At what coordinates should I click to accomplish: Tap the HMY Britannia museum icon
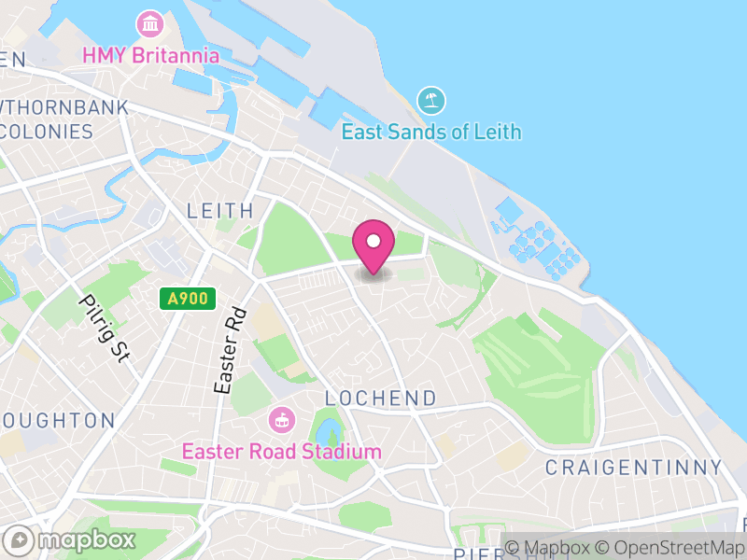pyautogui.click(x=148, y=22)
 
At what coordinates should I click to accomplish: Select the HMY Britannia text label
pyautogui.click(x=150, y=55)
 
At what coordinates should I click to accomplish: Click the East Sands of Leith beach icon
pyautogui.click(x=430, y=100)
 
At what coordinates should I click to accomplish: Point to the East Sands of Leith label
pyautogui.click(x=430, y=132)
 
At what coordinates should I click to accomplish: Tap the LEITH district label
pyautogui.click(x=220, y=211)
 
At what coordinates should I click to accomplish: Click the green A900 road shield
pyautogui.click(x=188, y=299)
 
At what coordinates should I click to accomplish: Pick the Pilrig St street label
pyautogui.click(x=104, y=328)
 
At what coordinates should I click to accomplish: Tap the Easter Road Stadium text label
pyautogui.click(x=281, y=452)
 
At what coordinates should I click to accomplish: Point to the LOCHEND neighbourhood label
pyautogui.click(x=380, y=399)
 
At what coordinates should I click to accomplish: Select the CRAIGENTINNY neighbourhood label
pyautogui.click(x=633, y=467)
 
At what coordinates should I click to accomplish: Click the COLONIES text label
pyautogui.click(x=47, y=131)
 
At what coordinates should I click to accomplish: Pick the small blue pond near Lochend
pyautogui.click(x=328, y=432)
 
